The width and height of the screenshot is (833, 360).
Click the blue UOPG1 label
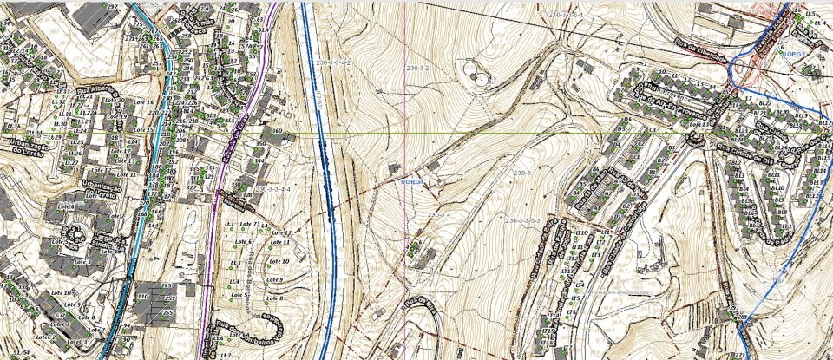point(410,182)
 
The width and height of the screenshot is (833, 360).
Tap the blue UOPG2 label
point(793,54)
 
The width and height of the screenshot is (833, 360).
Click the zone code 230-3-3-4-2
point(334,63)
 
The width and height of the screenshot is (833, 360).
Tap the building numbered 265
point(165,286)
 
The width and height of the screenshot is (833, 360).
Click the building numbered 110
point(143,297)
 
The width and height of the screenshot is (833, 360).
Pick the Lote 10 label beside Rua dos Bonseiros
point(279,261)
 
